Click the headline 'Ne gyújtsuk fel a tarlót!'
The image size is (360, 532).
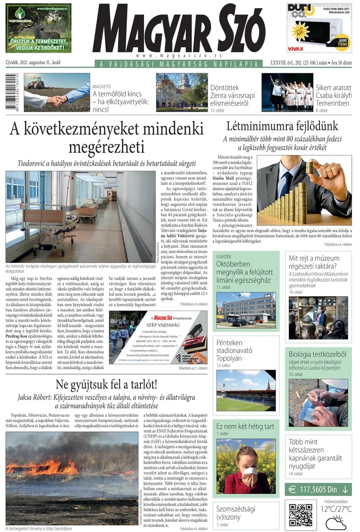point(106,385)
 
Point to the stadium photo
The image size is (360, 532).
point(246,390)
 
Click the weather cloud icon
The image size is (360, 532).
point(335,523)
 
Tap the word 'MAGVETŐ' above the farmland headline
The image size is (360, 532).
point(103,85)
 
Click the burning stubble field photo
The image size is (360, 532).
point(72,478)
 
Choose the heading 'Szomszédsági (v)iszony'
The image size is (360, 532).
point(236,513)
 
